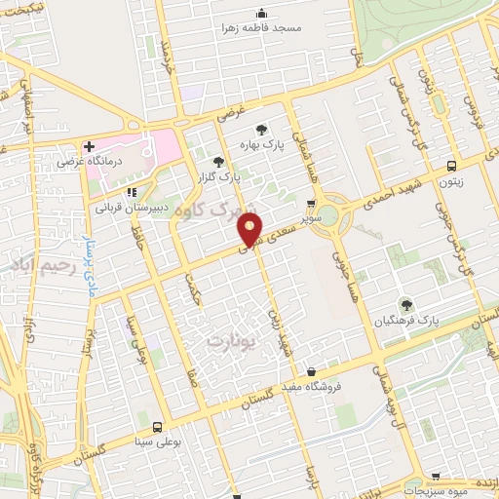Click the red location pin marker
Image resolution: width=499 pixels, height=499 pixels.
click(250, 229)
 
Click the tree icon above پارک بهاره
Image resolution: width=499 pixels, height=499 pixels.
click(261, 129)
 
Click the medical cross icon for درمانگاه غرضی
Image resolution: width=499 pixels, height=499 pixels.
click(89, 145)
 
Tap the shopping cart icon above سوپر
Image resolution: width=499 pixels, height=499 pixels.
click(310, 204)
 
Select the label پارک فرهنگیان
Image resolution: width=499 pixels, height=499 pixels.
click(408, 321)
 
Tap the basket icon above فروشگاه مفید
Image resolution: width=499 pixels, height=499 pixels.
click(310, 371)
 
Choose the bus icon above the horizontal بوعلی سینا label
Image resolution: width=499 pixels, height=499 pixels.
click(156, 425)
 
